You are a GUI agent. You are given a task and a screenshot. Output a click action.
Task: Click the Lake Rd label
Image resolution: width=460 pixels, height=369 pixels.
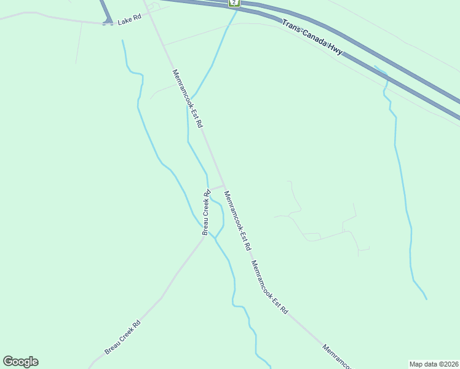click(x=129, y=20)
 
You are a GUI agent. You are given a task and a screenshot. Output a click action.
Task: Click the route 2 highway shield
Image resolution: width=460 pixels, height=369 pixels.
click(x=234, y=3)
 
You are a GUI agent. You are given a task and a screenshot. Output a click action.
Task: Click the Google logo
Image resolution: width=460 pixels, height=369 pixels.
click(x=20, y=362)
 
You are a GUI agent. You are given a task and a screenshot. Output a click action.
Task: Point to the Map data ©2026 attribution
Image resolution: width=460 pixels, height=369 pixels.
click(x=434, y=364)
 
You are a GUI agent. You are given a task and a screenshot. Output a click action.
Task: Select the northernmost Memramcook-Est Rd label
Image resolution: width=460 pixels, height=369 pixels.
click(x=188, y=98)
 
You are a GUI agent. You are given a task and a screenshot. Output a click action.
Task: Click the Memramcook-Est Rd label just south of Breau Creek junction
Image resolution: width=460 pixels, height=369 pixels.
click(x=237, y=220)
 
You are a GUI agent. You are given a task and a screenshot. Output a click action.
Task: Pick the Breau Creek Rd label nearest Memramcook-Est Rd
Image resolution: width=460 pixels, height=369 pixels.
click(x=207, y=211)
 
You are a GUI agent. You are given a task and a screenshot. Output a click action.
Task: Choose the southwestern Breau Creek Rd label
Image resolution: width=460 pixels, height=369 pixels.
click(x=122, y=337)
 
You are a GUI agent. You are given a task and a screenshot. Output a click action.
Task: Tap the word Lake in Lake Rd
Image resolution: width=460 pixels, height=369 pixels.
click(x=125, y=20)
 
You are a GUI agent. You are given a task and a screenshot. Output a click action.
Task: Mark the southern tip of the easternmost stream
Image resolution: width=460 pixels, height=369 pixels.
click(x=426, y=299)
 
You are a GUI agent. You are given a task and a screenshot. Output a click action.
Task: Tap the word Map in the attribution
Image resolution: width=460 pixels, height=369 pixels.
click(x=416, y=364)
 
